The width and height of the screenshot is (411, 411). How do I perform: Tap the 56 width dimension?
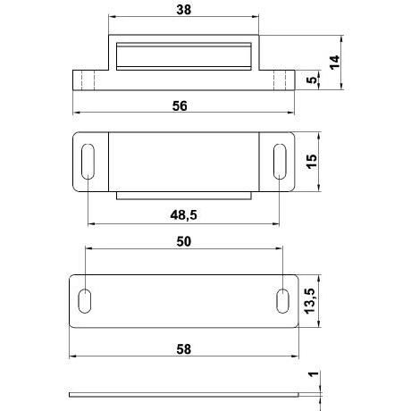181,105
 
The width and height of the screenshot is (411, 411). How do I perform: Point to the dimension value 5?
310,79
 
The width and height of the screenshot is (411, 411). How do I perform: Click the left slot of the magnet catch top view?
88,161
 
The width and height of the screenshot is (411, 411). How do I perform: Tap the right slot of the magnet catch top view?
280,161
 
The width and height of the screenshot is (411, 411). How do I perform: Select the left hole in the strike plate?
86,299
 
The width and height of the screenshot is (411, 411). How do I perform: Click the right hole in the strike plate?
283,299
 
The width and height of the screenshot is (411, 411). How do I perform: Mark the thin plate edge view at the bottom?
183,393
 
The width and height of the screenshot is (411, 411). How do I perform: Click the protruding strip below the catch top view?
185,193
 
